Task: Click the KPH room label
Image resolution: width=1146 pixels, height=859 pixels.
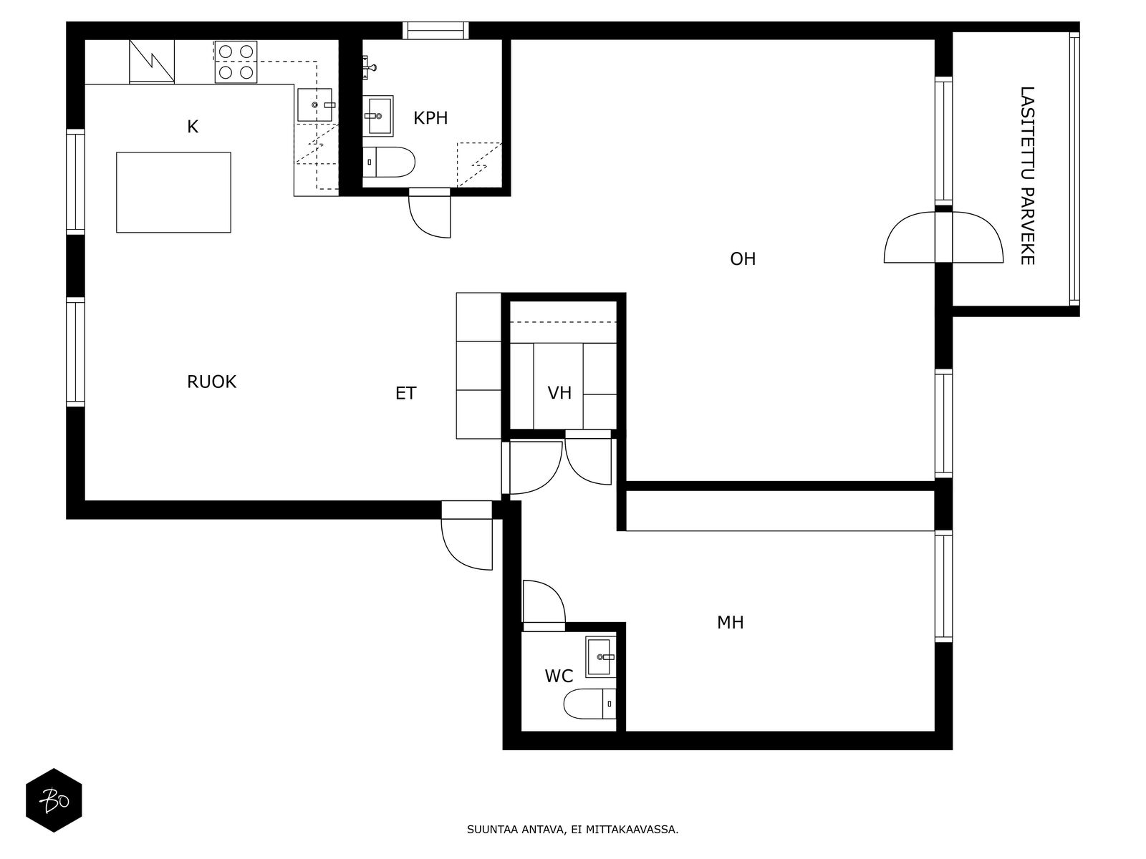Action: coord(430,118)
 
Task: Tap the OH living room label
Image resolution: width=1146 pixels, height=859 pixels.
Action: coord(743,258)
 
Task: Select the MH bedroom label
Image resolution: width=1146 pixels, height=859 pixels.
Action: coord(730,622)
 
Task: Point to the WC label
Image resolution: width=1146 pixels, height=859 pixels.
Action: coord(559,676)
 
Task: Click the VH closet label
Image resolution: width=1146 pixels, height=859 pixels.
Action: coord(559,393)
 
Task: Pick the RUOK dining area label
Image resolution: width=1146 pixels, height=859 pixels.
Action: coord(211,382)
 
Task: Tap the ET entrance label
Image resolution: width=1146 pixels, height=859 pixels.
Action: coord(405,393)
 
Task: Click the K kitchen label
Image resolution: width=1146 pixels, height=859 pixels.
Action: coord(193,127)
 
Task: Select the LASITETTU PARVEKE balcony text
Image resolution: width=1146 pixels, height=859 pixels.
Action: coord(1027,176)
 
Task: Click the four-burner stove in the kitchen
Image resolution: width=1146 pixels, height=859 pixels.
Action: coord(236,62)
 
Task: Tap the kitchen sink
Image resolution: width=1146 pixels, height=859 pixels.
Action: coord(315,105)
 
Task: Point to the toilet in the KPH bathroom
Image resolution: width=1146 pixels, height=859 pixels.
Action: coord(388,162)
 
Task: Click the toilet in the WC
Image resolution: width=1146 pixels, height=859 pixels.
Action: coord(590,704)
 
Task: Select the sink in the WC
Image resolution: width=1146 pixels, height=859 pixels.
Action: coord(601,656)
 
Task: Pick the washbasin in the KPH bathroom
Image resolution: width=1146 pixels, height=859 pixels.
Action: coord(377,116)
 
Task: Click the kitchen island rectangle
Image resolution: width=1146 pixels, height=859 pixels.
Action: coord(173,193)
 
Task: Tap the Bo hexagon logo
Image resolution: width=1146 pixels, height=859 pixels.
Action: coord(54,800)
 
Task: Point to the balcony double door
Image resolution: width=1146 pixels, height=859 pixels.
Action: coord(943,237)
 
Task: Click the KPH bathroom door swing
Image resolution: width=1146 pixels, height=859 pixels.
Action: coord(429,213)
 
